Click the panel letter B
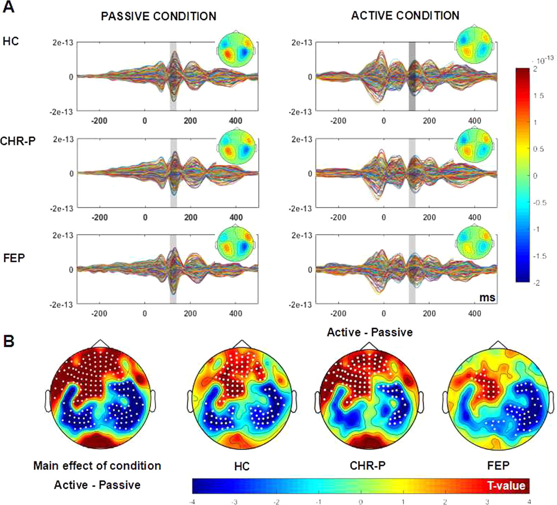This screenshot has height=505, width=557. pos(9,341)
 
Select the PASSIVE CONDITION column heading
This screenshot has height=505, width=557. pos(158,16)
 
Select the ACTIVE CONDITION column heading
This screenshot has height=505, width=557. pos(405,16)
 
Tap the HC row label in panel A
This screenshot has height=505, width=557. pos(10,41)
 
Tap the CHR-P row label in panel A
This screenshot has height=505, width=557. pos(18,141)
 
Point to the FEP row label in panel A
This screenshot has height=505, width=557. pos(14,258)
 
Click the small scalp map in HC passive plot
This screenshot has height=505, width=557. pos(236,49)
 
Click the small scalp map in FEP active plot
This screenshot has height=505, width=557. pos(474,242)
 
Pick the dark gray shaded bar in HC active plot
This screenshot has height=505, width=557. pos(412,76)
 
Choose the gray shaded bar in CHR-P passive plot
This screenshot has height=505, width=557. pos(173,173)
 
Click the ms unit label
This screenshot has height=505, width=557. pos(487,298)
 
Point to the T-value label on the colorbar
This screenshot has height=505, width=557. pos(506,486)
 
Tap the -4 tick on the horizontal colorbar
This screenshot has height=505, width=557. pos(192,502)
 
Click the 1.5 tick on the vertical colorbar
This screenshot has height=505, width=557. pos(538,96)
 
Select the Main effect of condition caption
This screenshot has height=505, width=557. pos(97,465)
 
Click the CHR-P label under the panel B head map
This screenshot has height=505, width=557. pos(367,465)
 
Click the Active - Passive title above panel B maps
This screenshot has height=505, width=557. pos(370,332)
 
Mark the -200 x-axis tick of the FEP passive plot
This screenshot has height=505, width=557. pos(99,313)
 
